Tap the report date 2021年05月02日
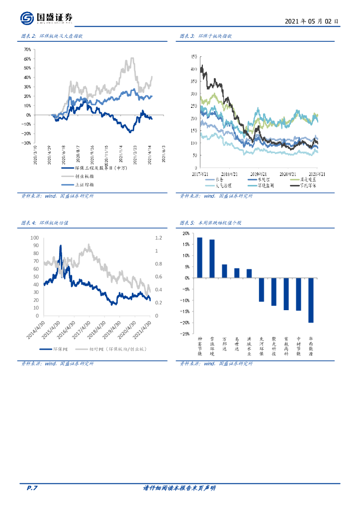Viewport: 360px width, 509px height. [x=312, y=22]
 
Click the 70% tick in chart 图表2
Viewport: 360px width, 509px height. [x=27, y=50]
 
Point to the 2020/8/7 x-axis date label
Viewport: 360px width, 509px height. [x=78, y=153]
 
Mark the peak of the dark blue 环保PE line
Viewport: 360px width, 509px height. [x=61, y=246]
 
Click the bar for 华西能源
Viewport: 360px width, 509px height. [x=311, y=300]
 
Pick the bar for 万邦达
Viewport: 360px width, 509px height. [x=224, y=271]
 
